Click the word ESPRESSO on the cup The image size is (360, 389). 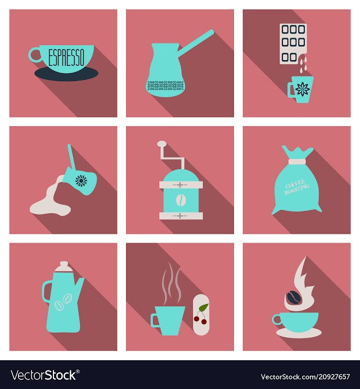tap(66, 57)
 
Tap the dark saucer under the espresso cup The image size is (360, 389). tap(66, 75)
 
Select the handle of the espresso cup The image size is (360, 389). tap(35, 55)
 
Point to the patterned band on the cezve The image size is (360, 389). tap(165, 86)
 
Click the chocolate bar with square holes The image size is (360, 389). tap(293, 44)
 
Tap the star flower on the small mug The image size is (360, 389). tap(303, 90)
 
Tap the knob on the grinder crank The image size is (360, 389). tap(162, 143)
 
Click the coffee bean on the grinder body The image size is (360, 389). tap(181, 199)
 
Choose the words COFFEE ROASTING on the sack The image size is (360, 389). tap(297, 187)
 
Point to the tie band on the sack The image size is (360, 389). tap(298, 161)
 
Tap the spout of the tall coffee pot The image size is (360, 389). tap(79, 287)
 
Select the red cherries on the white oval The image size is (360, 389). tap(200, 320)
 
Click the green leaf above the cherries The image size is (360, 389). tap(204, 307)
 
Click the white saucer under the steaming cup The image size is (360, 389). tap(299, 333)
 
